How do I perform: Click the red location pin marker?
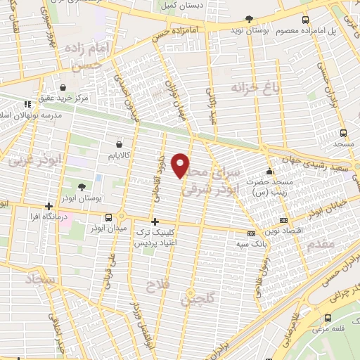click(181, 165)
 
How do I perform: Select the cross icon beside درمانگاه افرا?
click(49, 207)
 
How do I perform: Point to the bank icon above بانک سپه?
click(251, 233)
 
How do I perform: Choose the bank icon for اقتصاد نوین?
click(283, 220)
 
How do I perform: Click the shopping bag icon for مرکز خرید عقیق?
click(63, 88)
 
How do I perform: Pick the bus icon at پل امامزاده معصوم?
click(304, 20)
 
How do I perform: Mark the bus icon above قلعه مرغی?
click(328, 318)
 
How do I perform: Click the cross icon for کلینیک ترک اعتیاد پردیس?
click(155, 221)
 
